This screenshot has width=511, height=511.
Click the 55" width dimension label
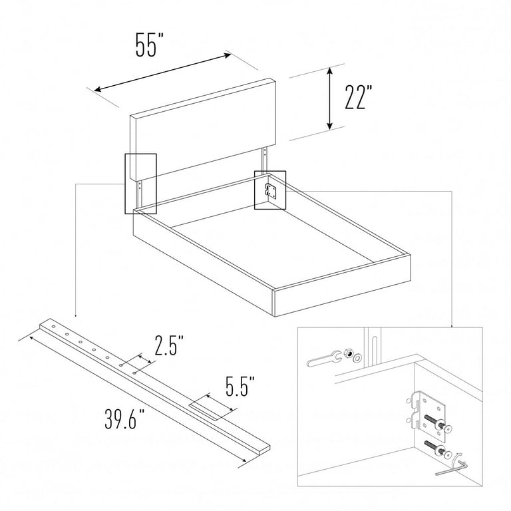(x=149, y=45)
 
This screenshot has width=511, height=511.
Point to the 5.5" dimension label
(x=240, y=387)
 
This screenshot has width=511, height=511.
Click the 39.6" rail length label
(x=125, y=419)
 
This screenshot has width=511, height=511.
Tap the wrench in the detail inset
(x=324, y=358)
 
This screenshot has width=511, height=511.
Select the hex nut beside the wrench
(x=348, y=354)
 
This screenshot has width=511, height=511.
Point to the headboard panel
(x=203, y=128)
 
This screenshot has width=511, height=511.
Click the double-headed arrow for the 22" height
(x=330, y=98)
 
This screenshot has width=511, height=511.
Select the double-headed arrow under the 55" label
(x=162, y=73)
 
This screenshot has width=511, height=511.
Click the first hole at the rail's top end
(x=53, y=326)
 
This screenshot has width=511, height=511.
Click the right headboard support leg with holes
(x=265, y=161)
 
